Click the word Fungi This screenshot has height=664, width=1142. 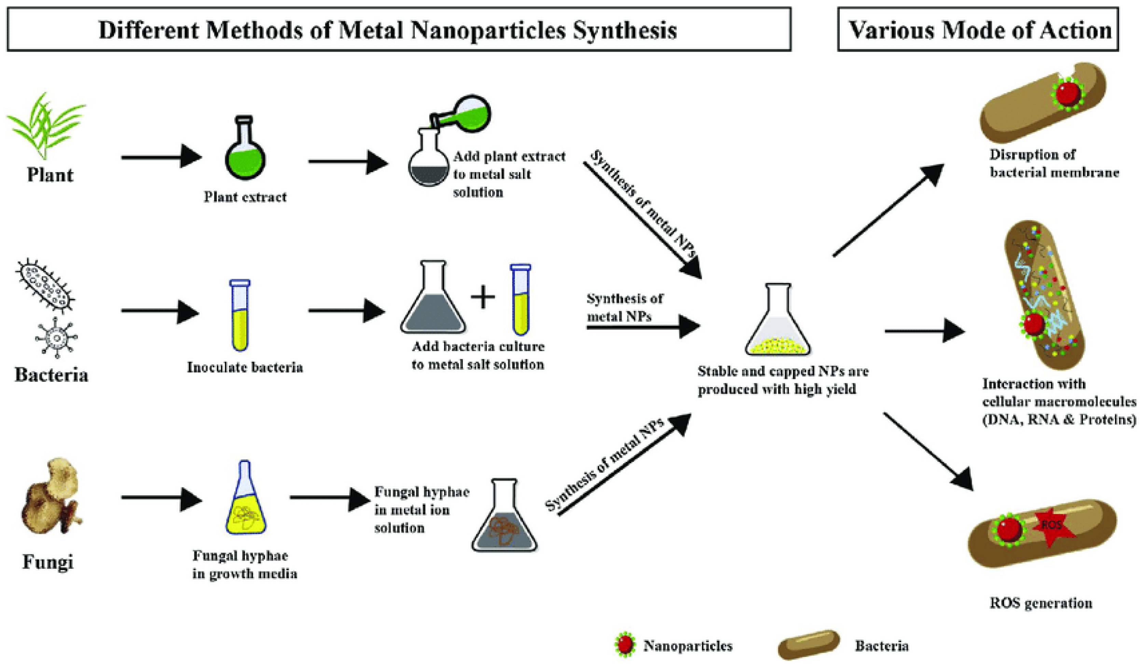click(x=47, y=562)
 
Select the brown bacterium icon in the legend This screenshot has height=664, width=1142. click(x=809, y=644)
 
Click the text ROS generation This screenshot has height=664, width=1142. click(x=1041, y=603)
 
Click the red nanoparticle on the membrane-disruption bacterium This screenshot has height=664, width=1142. click(x=1067, y=93)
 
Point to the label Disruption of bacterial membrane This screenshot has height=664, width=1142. click(x=1054, y=164)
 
